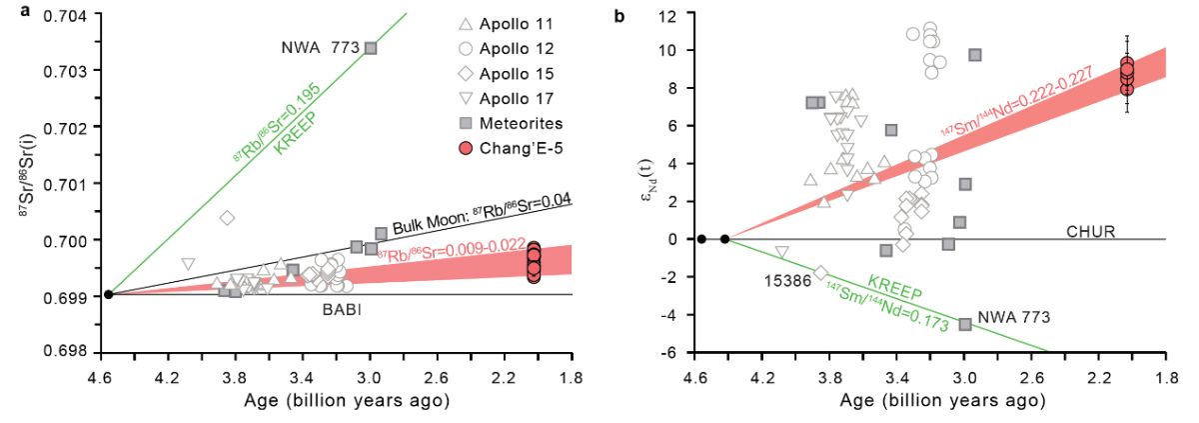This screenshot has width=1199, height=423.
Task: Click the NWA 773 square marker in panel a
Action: click(x=371, y=48)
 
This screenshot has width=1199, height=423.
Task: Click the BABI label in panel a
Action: click(x=341, y=311)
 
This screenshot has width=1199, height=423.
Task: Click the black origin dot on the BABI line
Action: click(x=108, y=294)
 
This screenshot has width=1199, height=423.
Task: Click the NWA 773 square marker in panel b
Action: click(x=965, y=324)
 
